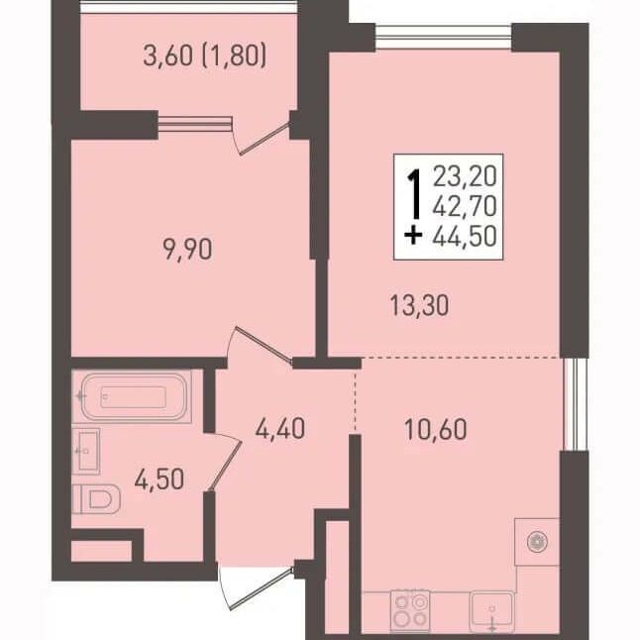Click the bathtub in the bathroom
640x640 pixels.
[134, 396]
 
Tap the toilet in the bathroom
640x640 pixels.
[96, 498]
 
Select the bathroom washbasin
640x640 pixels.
[86, 451]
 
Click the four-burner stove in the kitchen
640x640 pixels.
[410, 610]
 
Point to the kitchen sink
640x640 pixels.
[491, 611]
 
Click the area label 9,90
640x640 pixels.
[187, 250]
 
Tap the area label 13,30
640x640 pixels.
[419, 305]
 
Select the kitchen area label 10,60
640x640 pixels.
[436, 429]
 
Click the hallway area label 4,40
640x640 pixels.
[280, 429]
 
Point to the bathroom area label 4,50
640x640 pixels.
[160, 479]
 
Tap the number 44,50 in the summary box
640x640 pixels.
[465, 236]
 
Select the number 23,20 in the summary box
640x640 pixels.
[465, 176]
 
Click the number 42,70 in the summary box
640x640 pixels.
[465, 206]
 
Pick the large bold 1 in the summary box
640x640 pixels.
[415, 194]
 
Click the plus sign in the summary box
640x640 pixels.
[413, 237]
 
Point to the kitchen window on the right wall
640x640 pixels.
[575, 404]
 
